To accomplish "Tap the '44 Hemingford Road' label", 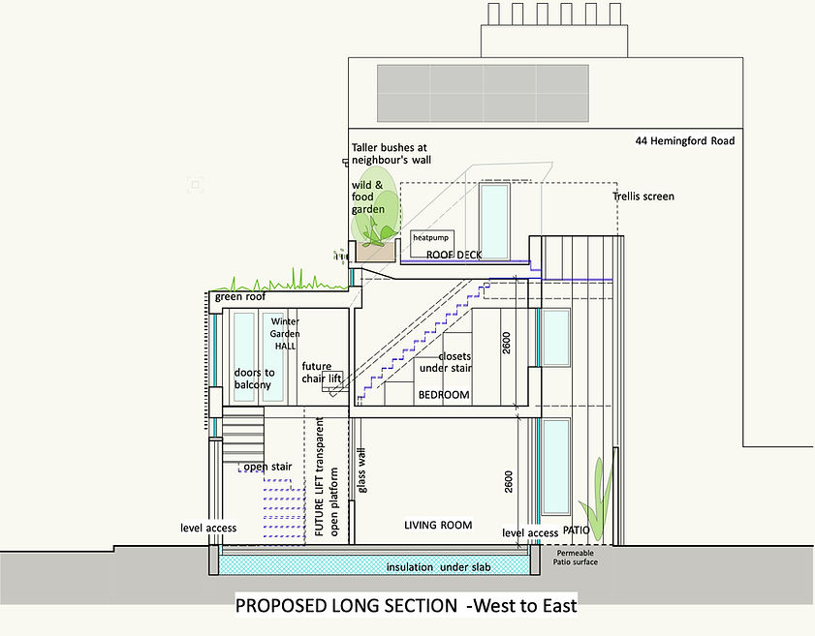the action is (684, 141).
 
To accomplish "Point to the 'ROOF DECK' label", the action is (455, 256).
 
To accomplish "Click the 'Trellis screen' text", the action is (643, 197).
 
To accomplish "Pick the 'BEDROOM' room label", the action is (443, 395).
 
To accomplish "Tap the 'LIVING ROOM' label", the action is (438, 525).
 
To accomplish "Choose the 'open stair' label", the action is (267, 467).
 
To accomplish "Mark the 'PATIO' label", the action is (577, 531).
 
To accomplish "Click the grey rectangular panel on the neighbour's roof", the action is (482, 92).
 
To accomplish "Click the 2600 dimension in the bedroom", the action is (506, 344).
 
